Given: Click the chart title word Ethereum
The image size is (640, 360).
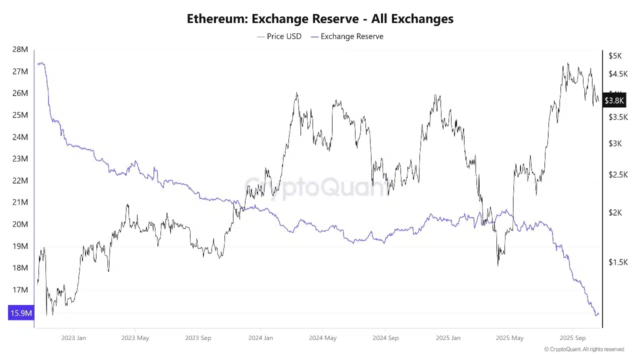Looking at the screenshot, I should (x=216, y=19).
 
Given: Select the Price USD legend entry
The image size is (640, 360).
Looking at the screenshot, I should (x=283, y=36).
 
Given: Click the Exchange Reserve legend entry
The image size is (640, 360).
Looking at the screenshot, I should (x=351, y=36).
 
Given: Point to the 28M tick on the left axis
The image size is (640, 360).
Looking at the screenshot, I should (x=20, y=49).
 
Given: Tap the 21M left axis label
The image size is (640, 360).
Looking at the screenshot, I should (x=20, y=202).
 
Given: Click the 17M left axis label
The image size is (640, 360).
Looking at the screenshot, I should (x=20, y=289).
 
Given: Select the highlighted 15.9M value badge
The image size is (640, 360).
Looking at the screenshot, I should (x=21, y=313).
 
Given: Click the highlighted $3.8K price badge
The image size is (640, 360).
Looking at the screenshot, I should (x=614, y=100).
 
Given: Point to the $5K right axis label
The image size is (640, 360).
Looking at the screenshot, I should (x=615, y=56).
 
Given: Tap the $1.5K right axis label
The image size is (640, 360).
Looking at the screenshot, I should (x=618, y=262).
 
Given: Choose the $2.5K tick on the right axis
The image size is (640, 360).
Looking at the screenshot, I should (x=618, y=174).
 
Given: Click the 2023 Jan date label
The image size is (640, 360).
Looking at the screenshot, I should (x=73, y=338).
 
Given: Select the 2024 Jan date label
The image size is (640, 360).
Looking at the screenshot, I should (x=260, y=338).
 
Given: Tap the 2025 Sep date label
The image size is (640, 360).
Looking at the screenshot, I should (x=572, y=338).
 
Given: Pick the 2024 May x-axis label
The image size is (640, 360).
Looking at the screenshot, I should (x=322, y=338).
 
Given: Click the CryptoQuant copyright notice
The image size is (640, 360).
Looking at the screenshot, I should (x=584, y=349).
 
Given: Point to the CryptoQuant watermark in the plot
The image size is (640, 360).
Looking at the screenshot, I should (x=316, y=188).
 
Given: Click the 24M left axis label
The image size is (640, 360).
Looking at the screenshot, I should (x=20, y=136).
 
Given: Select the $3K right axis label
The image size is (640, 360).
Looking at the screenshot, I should (x=615, y=143).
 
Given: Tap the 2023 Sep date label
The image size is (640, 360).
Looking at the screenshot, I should (x=198, y=338).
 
